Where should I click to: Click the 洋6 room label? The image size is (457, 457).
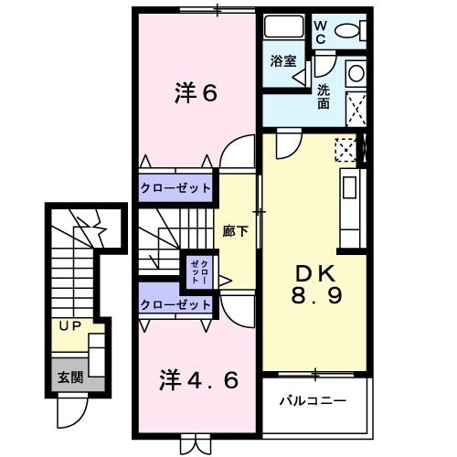click(195, 92)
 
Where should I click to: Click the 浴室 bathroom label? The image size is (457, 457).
click(282, 62)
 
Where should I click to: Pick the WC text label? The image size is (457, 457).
click(321, 34)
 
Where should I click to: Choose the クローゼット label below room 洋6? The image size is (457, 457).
click(176, 188)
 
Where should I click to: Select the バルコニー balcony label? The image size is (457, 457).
click(314, 400)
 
